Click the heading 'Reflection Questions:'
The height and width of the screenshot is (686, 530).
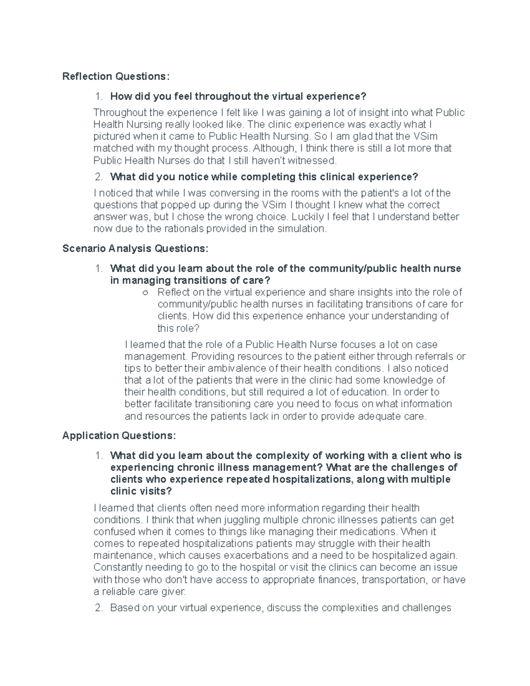point(116,76)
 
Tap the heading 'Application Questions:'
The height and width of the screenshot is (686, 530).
point(119,436)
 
